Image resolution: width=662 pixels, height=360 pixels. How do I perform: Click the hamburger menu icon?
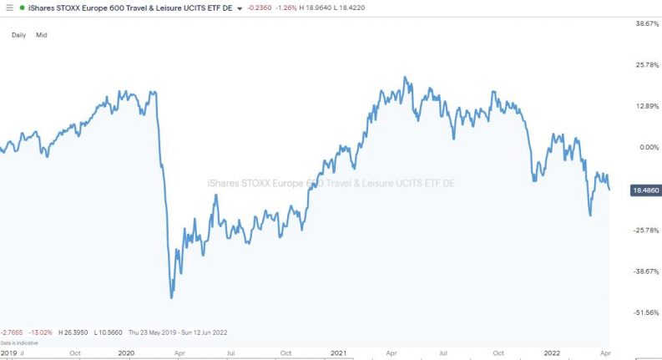point(8,8)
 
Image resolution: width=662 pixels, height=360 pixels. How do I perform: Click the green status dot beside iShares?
point(22,8)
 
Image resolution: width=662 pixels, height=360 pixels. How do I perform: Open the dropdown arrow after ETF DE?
point(240,8)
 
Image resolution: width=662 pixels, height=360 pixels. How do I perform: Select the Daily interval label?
point(18,35)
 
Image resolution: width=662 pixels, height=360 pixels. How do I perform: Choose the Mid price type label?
point(42,35)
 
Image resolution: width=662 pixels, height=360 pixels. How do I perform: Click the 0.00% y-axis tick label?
point(649,147)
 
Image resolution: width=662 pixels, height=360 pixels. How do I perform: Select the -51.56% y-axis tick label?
point(647,312)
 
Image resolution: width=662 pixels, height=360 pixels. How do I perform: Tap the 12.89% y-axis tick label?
point(648,106)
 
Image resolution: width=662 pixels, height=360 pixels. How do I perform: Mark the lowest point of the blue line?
point(172,297)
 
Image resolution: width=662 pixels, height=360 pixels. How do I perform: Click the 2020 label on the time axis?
point(126,352)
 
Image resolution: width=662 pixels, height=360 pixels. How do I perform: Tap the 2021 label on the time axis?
point(339,352)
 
